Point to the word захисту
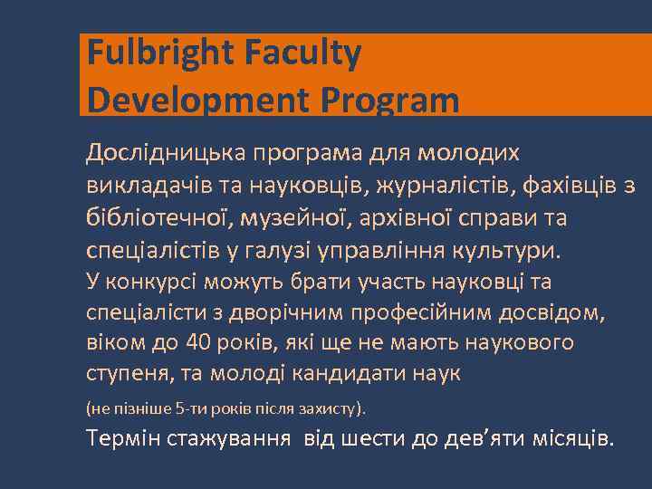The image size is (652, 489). pyautogui.click(x=331, y=408)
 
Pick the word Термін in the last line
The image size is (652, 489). pyautogui.click(x=123, y=439)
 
